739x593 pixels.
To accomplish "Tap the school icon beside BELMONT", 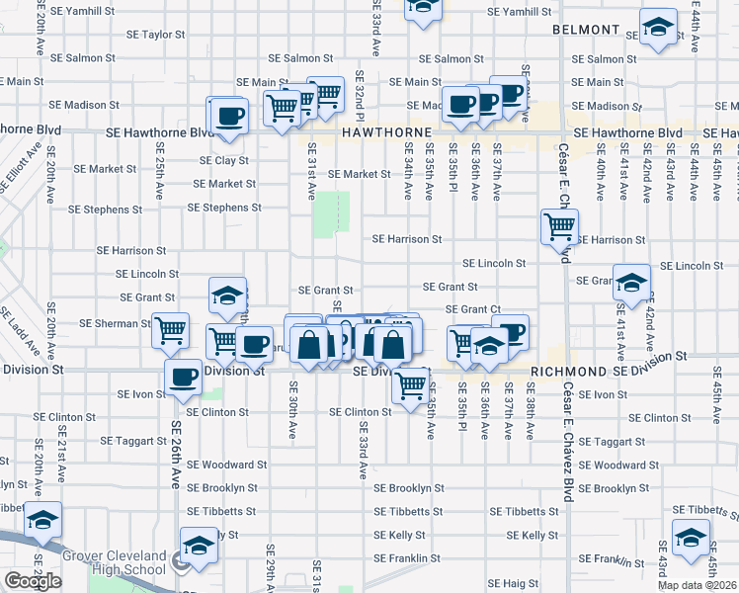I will click(657, 29).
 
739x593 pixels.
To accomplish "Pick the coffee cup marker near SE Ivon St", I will click(184, 377).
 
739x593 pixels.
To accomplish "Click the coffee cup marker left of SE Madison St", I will click(229, 114).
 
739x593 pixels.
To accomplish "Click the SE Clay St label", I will click(223, 159).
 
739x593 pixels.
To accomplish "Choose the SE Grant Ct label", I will click(473, 308).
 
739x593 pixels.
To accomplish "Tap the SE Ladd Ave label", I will click(20, 334).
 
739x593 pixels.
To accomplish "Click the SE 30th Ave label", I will click(292, 416).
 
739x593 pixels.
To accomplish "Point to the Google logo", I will click(34, 581).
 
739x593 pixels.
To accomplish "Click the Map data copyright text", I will click(698, 585).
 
